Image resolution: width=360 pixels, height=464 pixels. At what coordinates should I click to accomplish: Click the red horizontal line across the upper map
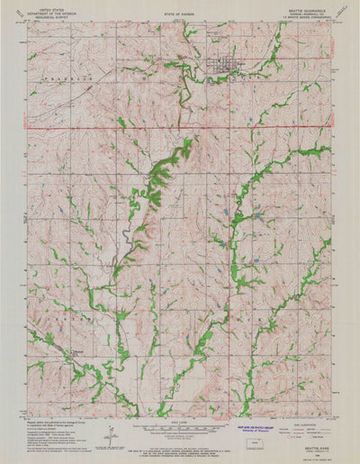click(x=180, y=127)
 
